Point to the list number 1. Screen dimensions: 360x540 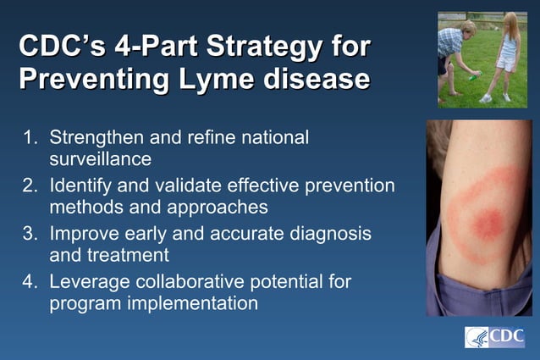(x=28, y=137)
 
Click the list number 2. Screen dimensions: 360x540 (x=28, y=185)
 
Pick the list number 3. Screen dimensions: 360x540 (x=28, y=233)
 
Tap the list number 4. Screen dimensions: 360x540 (x=28, y=280)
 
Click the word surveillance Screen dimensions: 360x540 (x=100, y=158)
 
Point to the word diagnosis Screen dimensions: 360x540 (x=328, y=233)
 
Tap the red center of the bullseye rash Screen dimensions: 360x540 (x=484, y=222)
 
